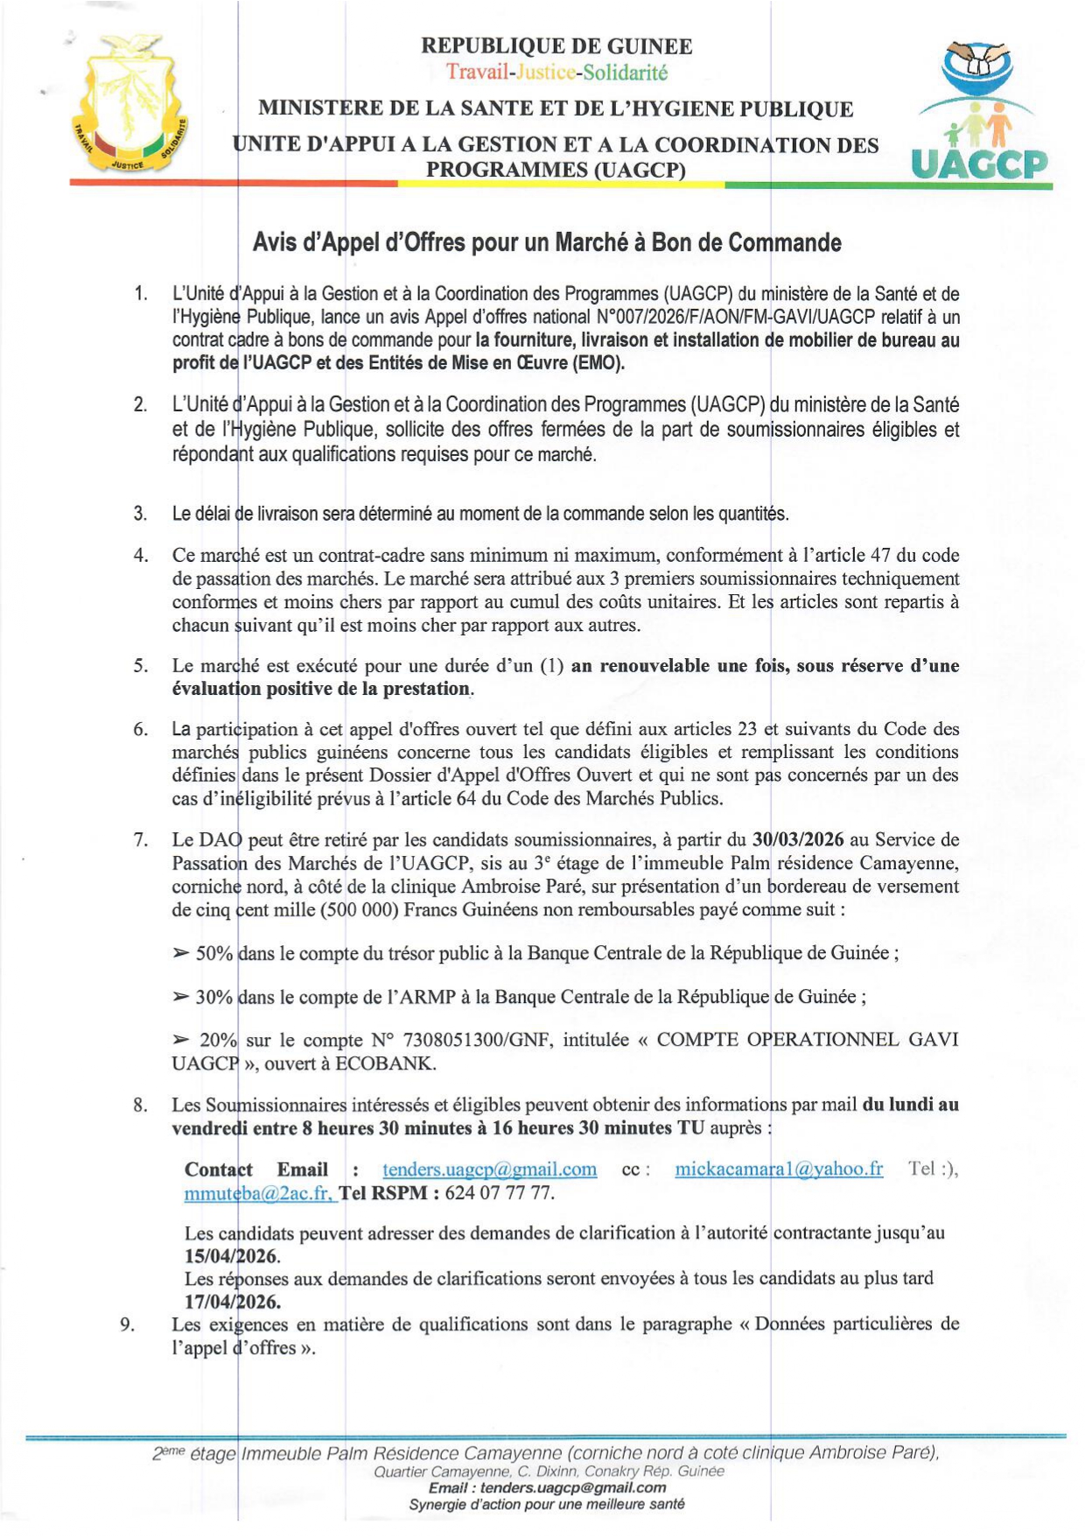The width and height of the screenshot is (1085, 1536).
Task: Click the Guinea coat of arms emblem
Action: pyautogui.click(x=129, y=103)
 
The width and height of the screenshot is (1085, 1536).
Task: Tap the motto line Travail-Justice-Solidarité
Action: pyautogui.click(x=556, y=72)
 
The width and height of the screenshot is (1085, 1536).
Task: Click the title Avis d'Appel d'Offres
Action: pyautogui.click(x=547, y=242)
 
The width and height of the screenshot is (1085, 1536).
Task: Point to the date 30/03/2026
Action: pyautogui.click(x=798, y=839)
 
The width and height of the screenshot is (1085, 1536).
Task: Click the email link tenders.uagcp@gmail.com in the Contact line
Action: pyautogui.click(x=489, y=1169)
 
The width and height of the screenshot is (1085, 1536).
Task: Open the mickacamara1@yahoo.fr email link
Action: pyautogui.click(x=778, y=1169)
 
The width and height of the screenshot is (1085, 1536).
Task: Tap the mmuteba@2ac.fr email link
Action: pyautogui.click(x=258, y=1193)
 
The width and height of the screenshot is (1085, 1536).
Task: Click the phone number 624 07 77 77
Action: pyautogui.click(x=500, y=1193)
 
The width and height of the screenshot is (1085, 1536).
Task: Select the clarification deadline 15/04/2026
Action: pyautogui.click(x=232, y=1257)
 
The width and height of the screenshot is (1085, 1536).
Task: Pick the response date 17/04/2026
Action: pyautogui.click(x=232, y=1301)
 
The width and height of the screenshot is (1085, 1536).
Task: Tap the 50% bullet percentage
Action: pyautogui.click(x=214, y=953)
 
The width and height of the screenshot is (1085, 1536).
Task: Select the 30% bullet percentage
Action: pyautogui.click(x=214, y=997)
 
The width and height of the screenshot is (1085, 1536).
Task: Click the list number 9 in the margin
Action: pyautogui.click(x=128, y=1324)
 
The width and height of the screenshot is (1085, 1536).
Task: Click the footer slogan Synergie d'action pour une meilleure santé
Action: pyautogui.click(x=546, y=1504)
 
